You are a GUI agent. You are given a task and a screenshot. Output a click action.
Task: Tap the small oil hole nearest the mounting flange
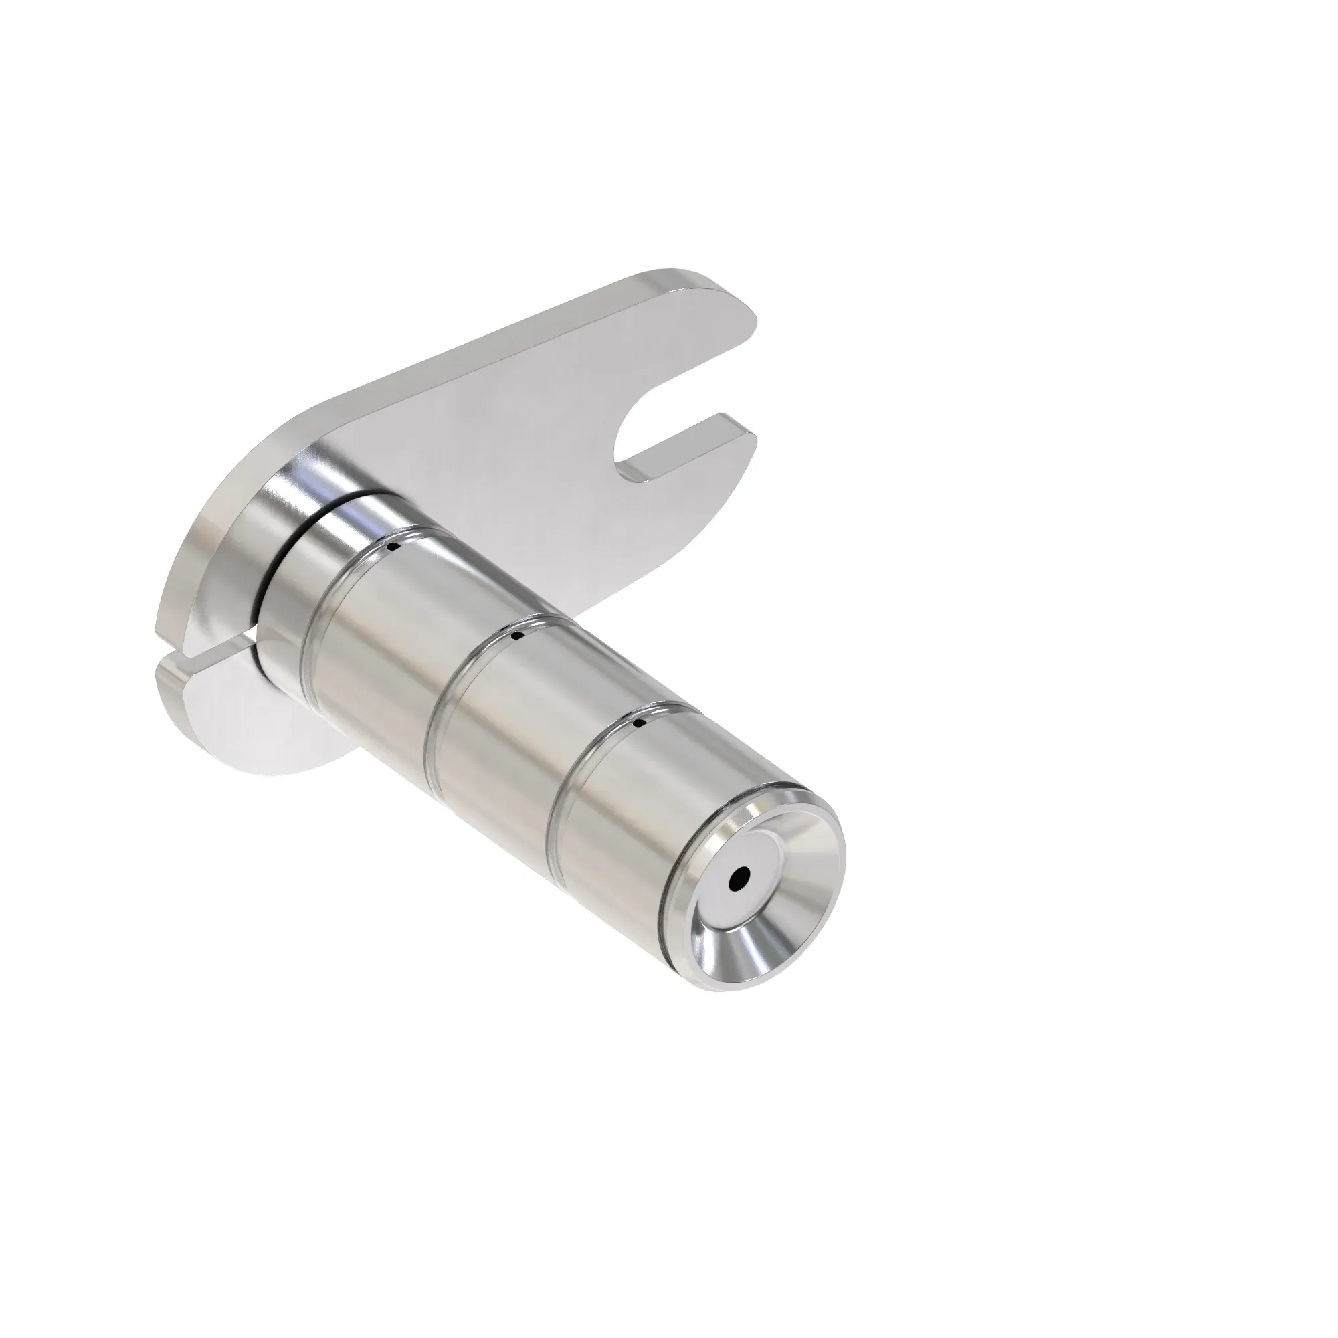(393, 548)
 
